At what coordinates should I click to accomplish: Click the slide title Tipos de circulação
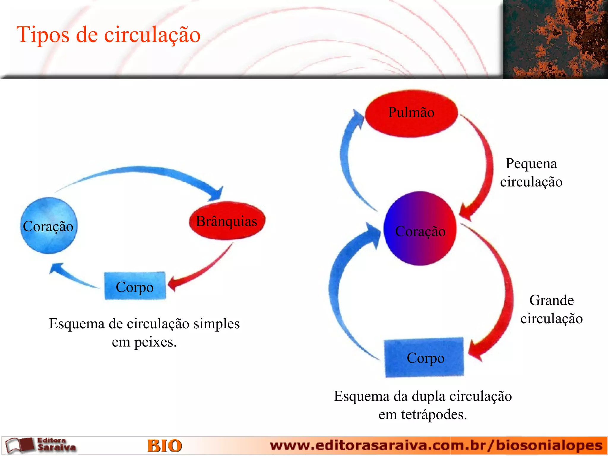click(x=108, y=34)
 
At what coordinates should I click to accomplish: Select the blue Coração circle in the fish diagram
click(x=49, y=226)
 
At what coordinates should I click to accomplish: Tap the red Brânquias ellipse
click(x=227, y=221)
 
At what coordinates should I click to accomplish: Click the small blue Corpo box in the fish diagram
click(x=135, y=286)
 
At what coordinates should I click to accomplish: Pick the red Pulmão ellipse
click(x=411, y=113)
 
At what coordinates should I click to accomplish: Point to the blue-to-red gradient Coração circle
click(x=420, y=229)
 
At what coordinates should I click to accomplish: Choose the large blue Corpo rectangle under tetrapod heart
click(x=424, y=357)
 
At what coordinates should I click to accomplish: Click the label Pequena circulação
click(x=531, y=172)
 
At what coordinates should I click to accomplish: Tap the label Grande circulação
click(x=551, y=309)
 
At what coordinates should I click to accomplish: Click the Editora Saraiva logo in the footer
click(x=42, y=445)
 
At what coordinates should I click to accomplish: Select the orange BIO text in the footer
click(x=165, y=446)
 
